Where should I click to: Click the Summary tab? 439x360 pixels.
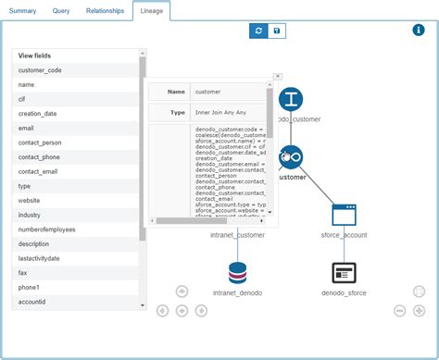pos(22,10)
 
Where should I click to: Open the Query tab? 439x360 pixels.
pos(62,10)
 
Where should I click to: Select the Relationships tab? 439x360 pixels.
pos(105,10)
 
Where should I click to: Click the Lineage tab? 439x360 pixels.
pos(152,10)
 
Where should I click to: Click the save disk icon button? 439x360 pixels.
pos(278,31)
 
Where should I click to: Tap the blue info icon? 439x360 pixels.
pos(418,30)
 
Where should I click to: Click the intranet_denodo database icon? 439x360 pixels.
pos(238,273)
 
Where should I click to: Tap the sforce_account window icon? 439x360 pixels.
pos(344,215)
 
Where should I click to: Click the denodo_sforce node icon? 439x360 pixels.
pos(344,273)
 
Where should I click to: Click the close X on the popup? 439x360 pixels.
pos(277,77)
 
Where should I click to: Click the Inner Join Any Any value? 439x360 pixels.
pos(221,112)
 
